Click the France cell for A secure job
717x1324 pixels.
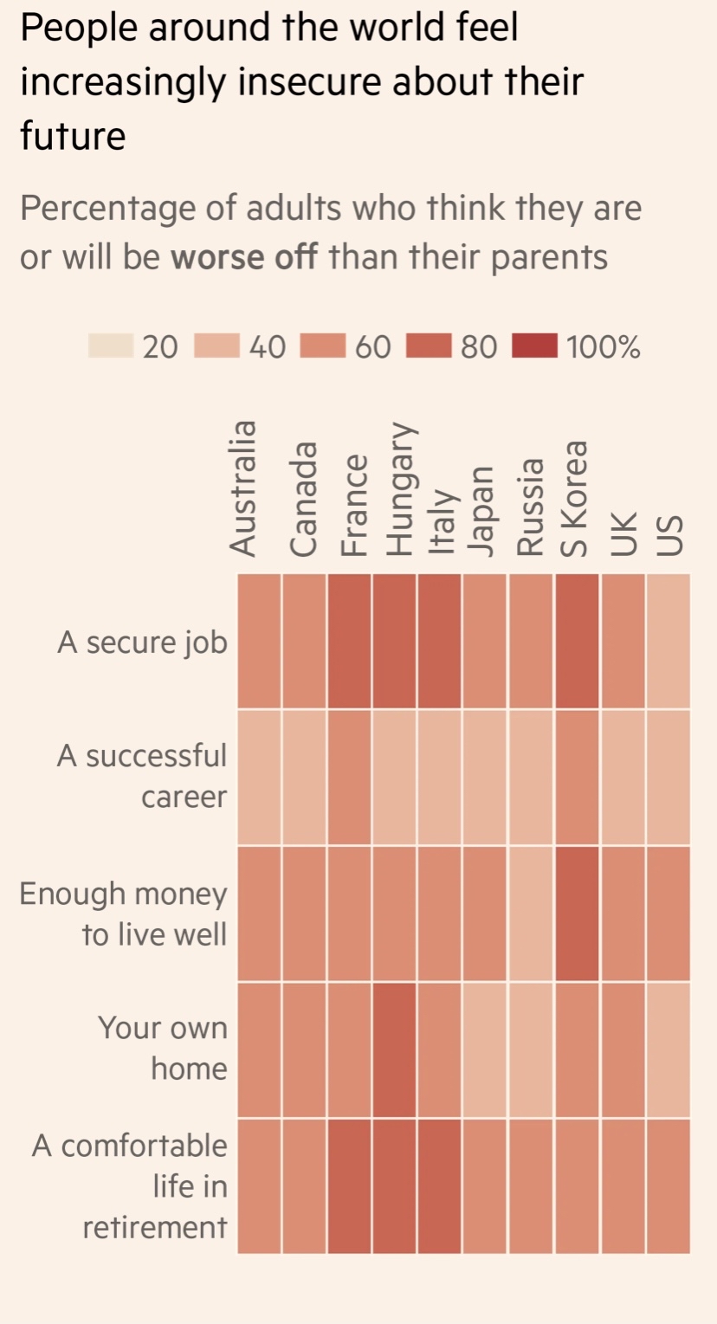[350, 641]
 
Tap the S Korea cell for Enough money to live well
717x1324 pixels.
[577, 913]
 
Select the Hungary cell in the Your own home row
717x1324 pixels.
[395, 1049]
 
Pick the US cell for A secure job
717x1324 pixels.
[668, 641]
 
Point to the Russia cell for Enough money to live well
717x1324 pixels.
[532, 913]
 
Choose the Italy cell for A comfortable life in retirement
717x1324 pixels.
[440, 1185]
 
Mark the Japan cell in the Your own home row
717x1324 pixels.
[486, 1049]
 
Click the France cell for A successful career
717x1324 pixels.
[350, 777]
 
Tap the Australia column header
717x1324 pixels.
[244, 487]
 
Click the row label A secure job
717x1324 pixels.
[142, 643]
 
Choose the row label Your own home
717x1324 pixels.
[163, 1049]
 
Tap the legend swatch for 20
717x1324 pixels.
[110, 347]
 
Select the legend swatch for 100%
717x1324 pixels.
[535, 347]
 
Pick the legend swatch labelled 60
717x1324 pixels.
[323, 347]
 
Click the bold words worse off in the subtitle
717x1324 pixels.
[245, 257]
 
